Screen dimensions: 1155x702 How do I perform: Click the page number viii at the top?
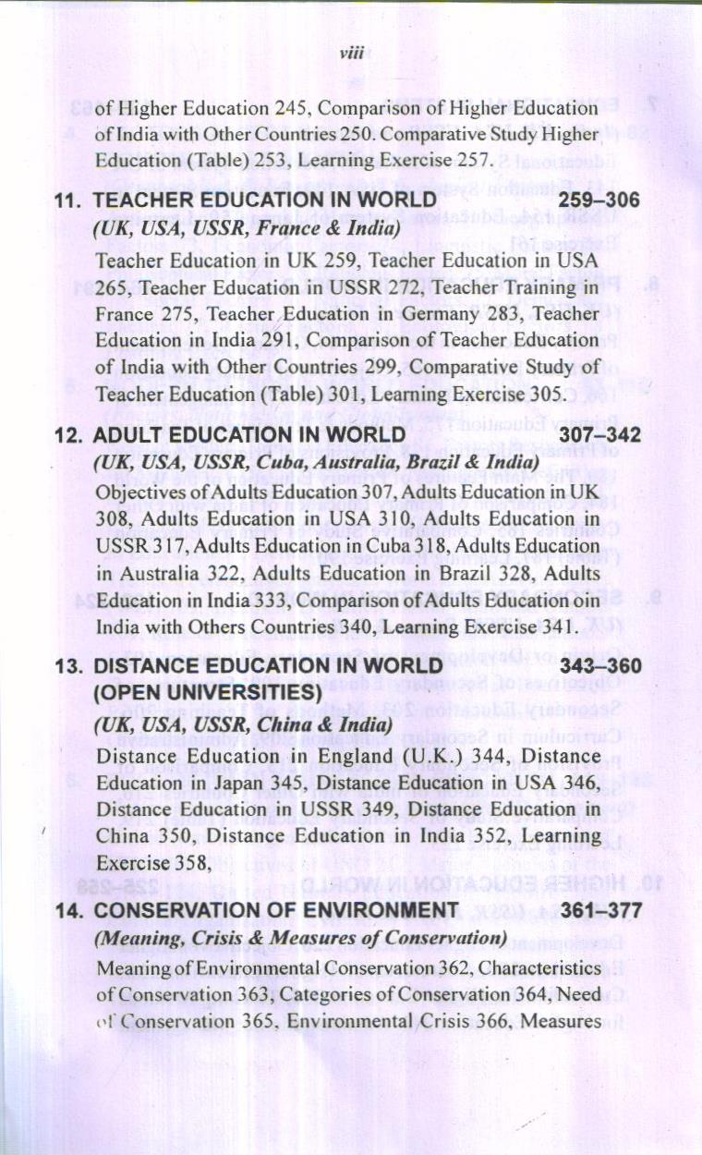pos(348,55)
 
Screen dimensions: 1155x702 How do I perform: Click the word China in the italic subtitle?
pos(266,726)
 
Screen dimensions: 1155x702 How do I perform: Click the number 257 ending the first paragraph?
pos(467,160)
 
